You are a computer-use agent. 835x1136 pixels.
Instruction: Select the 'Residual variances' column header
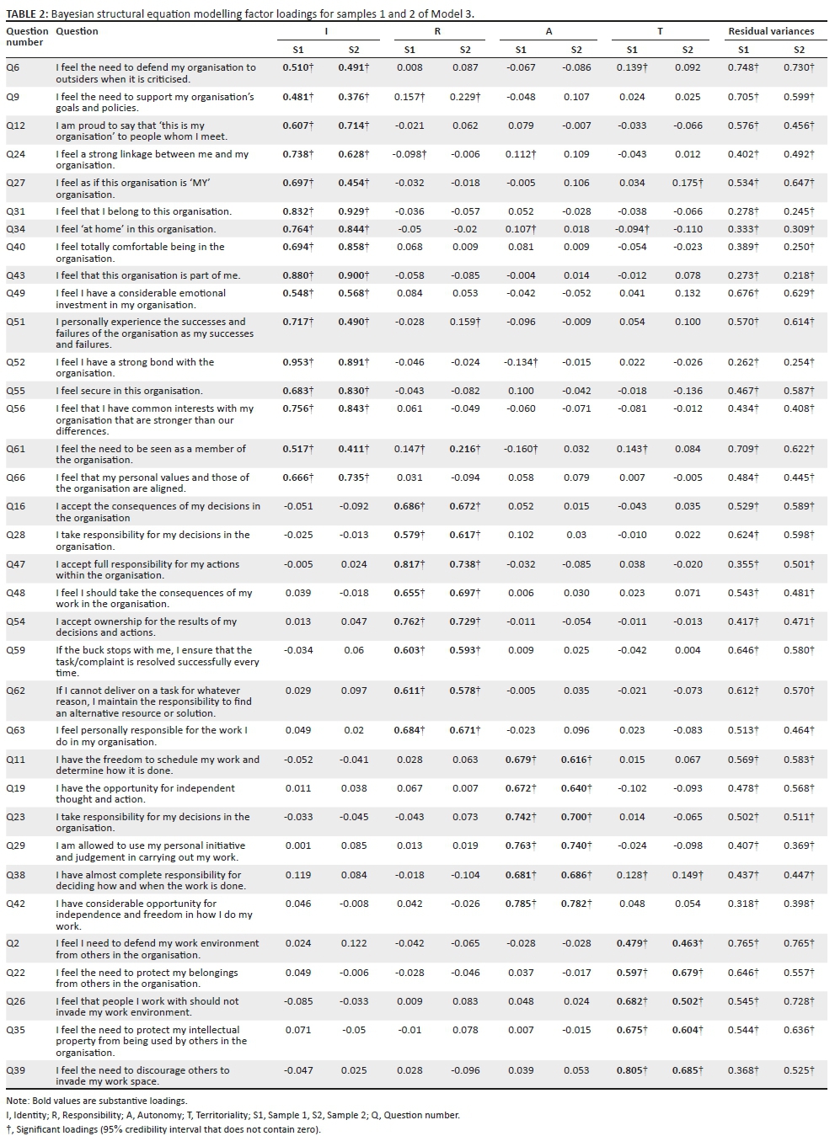[771, 31]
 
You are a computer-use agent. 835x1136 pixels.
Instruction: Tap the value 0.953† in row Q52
[297, 362]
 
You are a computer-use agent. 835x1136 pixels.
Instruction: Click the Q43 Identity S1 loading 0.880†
[297, 275]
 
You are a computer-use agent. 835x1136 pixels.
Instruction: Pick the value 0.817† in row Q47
[409, 564]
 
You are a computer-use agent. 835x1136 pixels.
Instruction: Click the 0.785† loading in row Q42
[521, 904]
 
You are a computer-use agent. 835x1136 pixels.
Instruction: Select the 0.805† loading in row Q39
[632, 1070]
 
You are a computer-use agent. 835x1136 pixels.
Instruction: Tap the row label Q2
[13, 943]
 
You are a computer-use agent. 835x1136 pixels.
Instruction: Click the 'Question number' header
[26, 36]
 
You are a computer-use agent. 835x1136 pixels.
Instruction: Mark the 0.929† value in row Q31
[354, 211]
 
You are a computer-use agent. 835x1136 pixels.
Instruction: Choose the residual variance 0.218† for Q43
[799, 275]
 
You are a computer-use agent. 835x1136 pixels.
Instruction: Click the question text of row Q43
[147, 275]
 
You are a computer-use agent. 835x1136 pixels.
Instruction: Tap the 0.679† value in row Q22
[688, 973]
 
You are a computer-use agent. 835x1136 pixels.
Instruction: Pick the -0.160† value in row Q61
[521, 449]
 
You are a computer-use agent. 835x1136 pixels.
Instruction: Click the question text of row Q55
[129, 391]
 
